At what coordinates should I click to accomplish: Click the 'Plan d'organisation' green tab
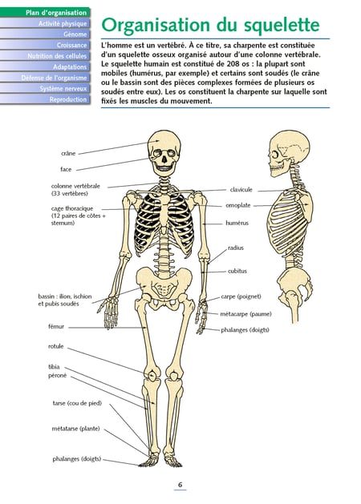[x=45, y=13]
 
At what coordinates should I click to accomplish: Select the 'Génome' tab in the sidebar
[x=45, y=34]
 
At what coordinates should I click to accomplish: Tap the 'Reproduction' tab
[x=45, y=99]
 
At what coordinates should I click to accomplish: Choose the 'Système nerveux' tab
[x=45, y=88]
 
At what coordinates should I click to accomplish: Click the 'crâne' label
[x=68, y=153]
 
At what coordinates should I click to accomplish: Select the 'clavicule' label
[x=241, y=190]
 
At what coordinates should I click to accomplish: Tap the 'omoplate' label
[x=238, y=205]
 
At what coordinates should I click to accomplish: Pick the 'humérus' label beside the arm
[x=237, y=223]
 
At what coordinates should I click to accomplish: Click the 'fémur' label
[x=56, y=327]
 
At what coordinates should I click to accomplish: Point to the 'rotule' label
[x=56, y=346]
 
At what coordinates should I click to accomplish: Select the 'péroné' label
[x=57, y=375]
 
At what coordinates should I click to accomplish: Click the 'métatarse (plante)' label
[x=76, y=429]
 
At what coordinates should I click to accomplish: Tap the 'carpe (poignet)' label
[x=241, y=296]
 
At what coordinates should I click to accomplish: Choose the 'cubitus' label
[x=237, y=271]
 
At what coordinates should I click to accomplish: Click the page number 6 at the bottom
[x=180, y=485]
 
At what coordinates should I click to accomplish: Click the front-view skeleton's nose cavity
[x=164, y=159]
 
